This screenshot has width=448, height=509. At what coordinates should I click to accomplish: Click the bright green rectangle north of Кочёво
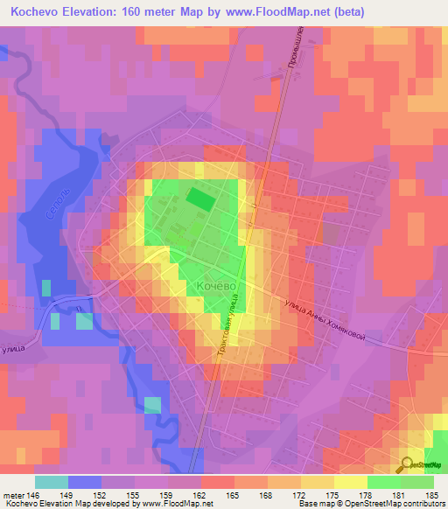tap(200, 199)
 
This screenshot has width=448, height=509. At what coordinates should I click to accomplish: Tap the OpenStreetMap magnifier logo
tap(407, 464)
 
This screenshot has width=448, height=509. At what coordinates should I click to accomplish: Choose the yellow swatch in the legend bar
tap(351, 482)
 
